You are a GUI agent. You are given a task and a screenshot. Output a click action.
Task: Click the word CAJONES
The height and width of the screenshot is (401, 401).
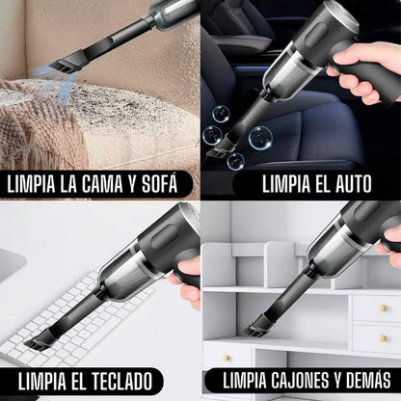[x=300, y=380]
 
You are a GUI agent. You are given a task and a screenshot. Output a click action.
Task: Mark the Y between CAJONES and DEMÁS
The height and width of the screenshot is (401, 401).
[x=335, y=380]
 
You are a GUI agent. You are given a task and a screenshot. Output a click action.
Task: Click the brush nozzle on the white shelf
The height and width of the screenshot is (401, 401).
[x=259, y=328]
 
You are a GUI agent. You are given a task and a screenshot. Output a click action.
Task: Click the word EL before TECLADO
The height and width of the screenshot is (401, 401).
[x=90, y=380]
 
